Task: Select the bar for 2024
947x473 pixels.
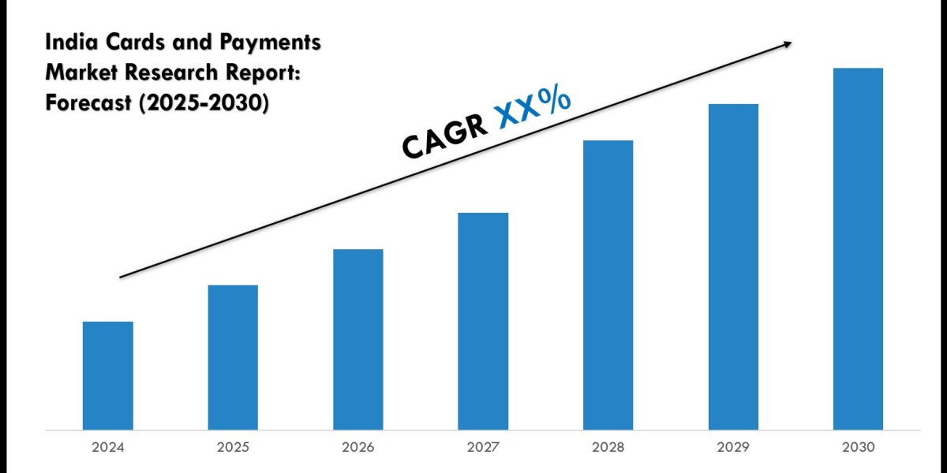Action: point(108,375)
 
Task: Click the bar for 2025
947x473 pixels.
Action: point(233,357)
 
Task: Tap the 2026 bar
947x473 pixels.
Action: point(357,339)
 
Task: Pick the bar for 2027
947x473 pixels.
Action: point(483,321)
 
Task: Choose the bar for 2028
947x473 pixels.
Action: point(608,285)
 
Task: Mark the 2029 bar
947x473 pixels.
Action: point(733,266)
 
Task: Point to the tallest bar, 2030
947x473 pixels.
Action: point(858,248)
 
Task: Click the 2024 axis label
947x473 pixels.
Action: point(108,448)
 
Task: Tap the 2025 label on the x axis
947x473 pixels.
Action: point(233,448)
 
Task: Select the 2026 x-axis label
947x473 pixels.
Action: point(357,448)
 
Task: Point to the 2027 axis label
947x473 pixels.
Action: point(483,448)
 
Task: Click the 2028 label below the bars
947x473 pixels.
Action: point(608,448)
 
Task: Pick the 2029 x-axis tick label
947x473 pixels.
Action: point(733,448)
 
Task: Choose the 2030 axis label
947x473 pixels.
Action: point(858,448)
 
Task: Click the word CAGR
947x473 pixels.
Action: point(444,136)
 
